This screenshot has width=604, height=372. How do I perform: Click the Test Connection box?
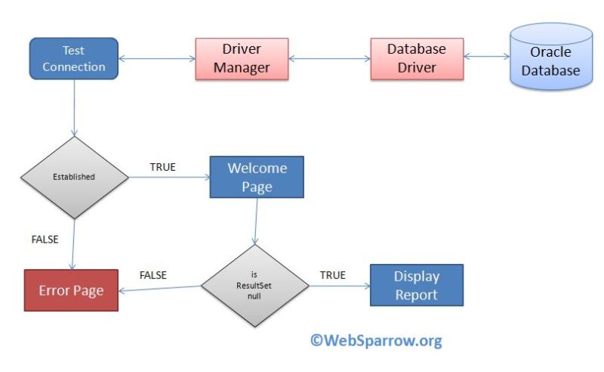(73, 58)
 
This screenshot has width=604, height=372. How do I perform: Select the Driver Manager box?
(241, 58)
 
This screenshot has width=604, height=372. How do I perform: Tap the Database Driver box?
(416, 58)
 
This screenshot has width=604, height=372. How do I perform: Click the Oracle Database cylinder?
(550, 60)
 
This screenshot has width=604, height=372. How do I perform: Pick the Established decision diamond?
(73, 178)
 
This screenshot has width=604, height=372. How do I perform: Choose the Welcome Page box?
(257, 177)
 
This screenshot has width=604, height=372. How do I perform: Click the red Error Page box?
(71, 290)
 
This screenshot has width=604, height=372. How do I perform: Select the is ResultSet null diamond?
(255, 286)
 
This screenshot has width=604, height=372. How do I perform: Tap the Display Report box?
(416, 285)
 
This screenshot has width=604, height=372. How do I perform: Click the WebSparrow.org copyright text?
(375, 340)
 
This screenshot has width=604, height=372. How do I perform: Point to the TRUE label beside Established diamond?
(162, 167)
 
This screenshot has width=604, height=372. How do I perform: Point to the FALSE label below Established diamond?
(45, 239)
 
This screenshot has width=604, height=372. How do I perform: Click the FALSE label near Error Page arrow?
(153, 275)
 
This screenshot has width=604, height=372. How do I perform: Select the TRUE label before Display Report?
(332, 275)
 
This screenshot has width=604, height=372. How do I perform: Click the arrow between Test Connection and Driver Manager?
(157, 57)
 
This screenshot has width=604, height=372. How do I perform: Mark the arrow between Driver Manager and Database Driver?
(330, 57)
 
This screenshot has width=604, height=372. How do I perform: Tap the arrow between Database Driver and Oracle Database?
(487, 57)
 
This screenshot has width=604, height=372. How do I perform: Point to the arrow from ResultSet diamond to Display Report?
(339, 287)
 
